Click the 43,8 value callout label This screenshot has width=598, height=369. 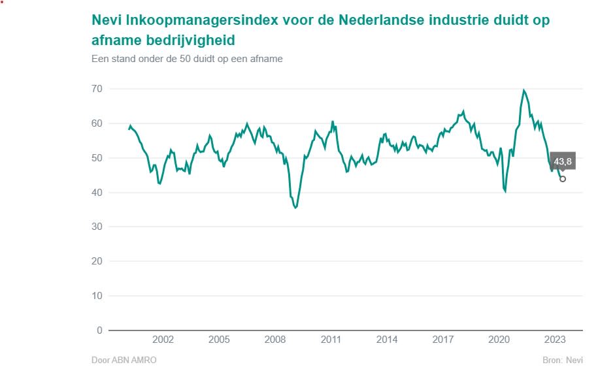pos(563,162)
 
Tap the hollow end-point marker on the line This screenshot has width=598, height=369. pos(563,179)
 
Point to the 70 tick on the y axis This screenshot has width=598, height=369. pos(97,89)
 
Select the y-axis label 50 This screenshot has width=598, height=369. pos(97,158)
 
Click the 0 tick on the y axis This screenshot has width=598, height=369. pos(99,330)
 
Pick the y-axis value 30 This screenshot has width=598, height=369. pos(97,227)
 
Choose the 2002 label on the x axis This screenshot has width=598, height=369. pos(163,340)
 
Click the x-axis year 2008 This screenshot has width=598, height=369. pos(275,340)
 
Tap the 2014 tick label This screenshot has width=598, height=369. pos(387,340)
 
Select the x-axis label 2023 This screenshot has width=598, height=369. pos(555,340)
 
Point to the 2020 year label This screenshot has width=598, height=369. pos(499,340)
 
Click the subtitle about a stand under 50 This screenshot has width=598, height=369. pos(187,59)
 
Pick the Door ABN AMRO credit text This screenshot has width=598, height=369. pos(124,360)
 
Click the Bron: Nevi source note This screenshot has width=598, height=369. pos(563,360)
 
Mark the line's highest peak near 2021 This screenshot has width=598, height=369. pos(523,90)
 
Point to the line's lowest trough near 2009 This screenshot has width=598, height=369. pos(295,208)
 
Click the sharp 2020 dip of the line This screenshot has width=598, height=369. pos(505,191)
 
